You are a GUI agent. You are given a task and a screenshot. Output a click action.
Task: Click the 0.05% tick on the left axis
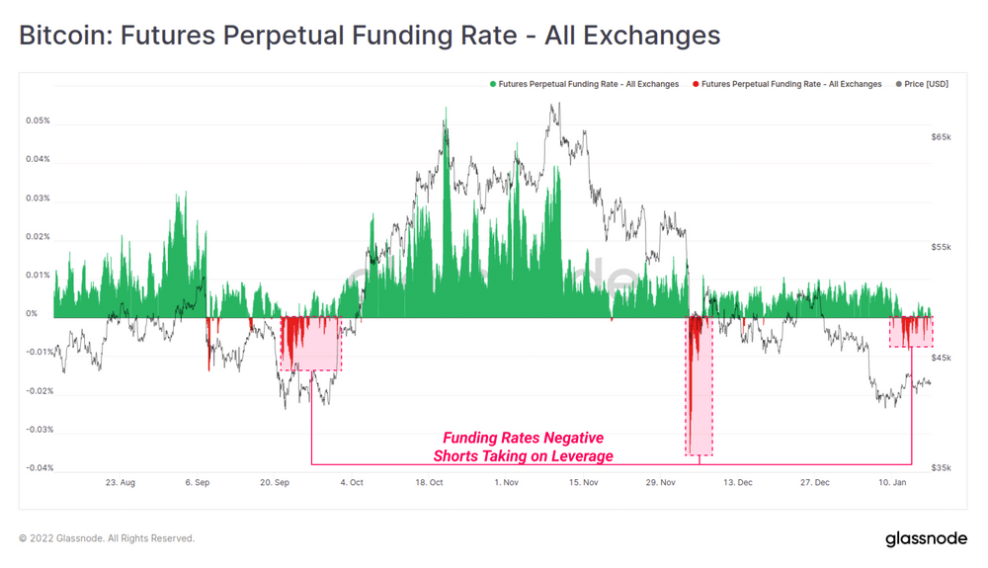tap(38, 122)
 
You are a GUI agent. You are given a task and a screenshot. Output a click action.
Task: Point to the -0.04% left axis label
tap(39, 468)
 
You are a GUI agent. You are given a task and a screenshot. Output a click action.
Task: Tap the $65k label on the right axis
tap(941, 137)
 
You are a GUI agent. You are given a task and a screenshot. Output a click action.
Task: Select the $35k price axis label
tap(941, 467)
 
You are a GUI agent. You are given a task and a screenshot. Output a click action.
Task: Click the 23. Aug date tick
tap(120, 483)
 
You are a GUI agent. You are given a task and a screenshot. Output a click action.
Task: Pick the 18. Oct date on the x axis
tap(429, 483)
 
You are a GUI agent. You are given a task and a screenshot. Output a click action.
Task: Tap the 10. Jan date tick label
tap(892, 483)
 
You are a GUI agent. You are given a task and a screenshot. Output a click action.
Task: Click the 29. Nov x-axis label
tap(661, 483)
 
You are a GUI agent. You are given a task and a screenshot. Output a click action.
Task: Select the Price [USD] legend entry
tap(926, 84)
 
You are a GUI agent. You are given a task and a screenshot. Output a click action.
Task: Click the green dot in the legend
tap(493, 84)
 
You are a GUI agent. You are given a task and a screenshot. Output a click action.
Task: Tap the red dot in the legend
tap(696, 84)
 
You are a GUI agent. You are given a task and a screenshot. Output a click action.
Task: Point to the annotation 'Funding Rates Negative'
tap(523, 438)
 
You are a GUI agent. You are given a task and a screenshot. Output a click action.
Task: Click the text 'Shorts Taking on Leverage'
tap(523, 456)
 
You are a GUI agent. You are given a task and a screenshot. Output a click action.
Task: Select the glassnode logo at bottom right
tap(926, 538)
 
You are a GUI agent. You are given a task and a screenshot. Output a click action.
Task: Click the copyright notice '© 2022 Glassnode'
tap(107, 538)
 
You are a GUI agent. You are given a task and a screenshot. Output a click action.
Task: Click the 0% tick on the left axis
tap(32, 314)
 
